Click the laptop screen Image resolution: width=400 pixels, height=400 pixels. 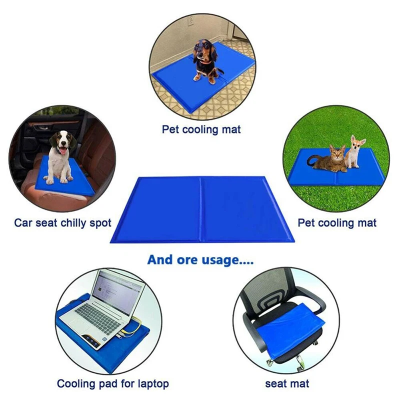point(118,293)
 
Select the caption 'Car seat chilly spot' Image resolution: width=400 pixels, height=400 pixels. point(62,222)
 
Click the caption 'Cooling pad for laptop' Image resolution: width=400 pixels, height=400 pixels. point(112,384)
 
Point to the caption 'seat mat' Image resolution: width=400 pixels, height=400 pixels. point(287,384)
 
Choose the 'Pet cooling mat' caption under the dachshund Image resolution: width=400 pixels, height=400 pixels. point(201,129)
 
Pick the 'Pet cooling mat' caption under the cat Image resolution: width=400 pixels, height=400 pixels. point(337,222)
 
